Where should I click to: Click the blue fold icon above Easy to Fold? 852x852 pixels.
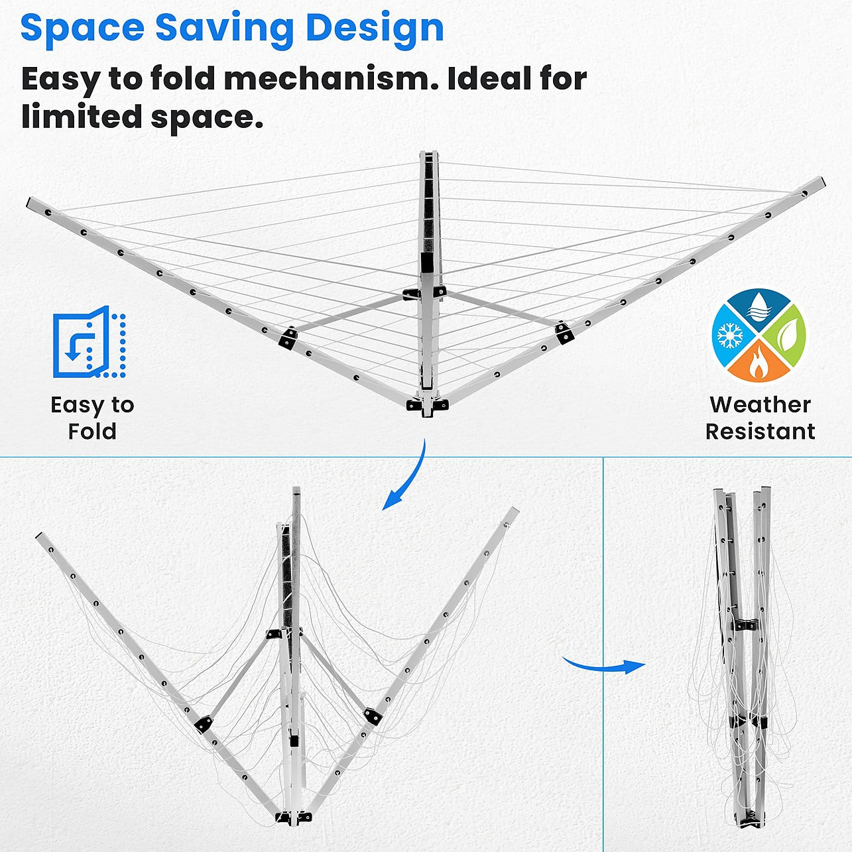(89, 341)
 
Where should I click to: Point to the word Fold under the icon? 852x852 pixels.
(92, 431)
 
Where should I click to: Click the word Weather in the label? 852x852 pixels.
(760, 404)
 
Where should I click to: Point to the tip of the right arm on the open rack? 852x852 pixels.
(821, 182)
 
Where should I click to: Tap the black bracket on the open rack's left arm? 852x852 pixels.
(288, 337)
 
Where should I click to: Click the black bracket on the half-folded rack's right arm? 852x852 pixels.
(373, 717)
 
